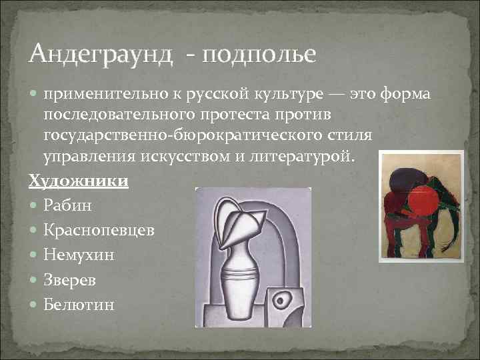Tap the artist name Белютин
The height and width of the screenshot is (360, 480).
pos(79,305)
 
